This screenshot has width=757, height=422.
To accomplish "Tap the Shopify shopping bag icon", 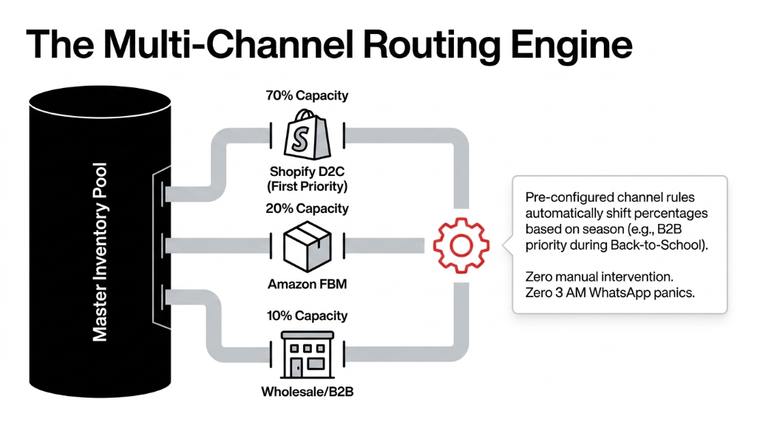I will [307, 135].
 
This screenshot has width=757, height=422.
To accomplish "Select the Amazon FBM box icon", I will [307, 245].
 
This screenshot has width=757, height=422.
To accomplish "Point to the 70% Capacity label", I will [307, 95].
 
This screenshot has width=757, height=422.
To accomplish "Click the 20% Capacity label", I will [307, 208].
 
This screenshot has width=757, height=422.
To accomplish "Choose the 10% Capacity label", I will [307, 316].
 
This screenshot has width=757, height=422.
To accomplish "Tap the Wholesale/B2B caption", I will [307, 392].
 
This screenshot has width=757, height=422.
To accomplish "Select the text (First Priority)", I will [307, 186].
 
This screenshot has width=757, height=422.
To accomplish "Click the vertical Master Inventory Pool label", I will [101, 252].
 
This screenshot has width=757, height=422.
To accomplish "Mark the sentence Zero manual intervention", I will [599, 276].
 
